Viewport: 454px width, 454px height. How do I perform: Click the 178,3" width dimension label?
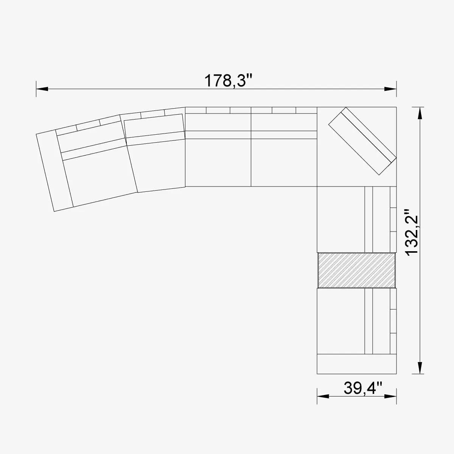pyautogui.click(x=228, y=81)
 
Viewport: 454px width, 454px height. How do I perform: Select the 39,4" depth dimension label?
pyautogui.click(x=363, y=388)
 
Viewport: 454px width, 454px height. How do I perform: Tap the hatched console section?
pyautogui.click(x=356, y=270)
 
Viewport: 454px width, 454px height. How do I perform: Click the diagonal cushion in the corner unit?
pyautogui.click(x=362, y=141)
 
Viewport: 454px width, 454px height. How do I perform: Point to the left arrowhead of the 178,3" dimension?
pyautogui.click(x=42, y=89)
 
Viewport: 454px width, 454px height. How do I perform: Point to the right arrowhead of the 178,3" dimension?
pyautogui.click(x=390, y=89)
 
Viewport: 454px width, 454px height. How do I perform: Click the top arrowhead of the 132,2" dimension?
pyautogui.click(x=419, y=113)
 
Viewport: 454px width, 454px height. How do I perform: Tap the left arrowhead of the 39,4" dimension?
pyautogui.click(x=322, y=396)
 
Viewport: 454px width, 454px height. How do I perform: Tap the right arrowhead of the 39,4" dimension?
pyautogui.click(x=390, y=396)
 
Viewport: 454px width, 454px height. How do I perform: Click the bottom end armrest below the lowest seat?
pyautogui.click(x=356, y=364)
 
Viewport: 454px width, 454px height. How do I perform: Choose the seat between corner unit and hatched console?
pyautogui.click(x=340, y=219)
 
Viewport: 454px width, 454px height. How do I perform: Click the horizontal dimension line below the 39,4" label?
pyautogui.click(x=356, y=396)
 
